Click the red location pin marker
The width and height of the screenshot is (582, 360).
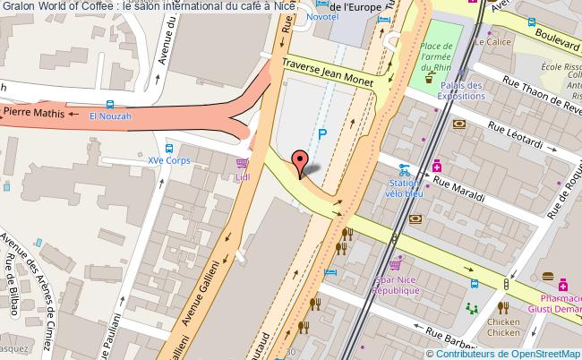[300, 163]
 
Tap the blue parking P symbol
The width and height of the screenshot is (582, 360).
[322, 135]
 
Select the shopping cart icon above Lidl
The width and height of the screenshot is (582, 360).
[242, 164]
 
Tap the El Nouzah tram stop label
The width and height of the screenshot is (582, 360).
[110, 116]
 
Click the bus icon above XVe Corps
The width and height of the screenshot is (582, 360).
[169, 148]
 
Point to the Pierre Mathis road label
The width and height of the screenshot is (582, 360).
[35, 114]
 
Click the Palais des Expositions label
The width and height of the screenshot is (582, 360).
[460, 90]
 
